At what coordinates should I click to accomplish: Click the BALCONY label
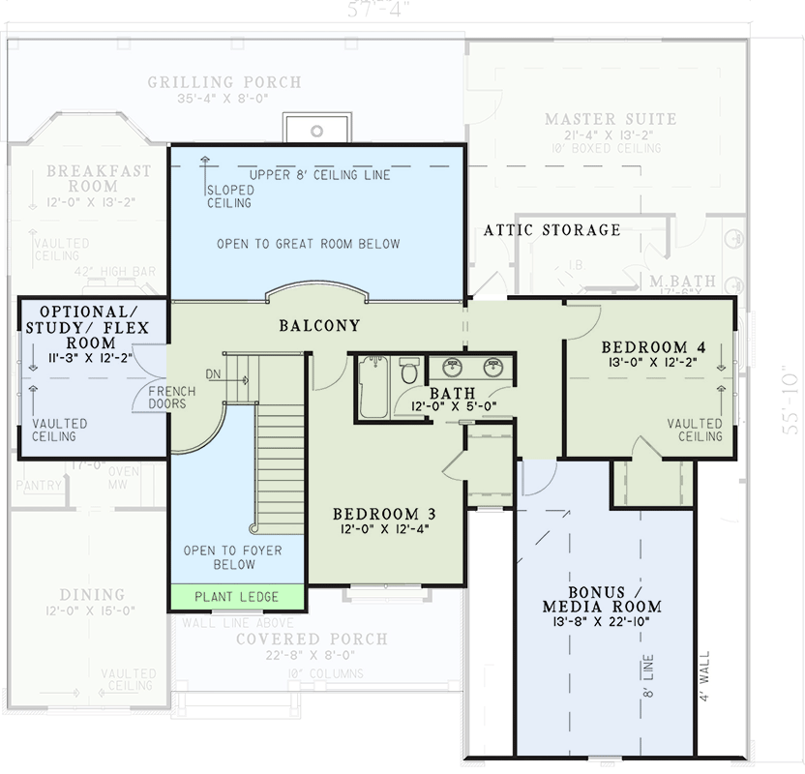click(319, 326)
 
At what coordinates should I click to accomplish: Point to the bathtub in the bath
click(373, 387)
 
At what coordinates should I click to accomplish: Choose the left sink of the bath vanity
click(452, 367)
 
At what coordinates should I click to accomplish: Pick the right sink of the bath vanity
click(492, 367)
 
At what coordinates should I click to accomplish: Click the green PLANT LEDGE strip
click(237, 597)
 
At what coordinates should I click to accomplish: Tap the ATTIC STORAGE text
click(552, 230)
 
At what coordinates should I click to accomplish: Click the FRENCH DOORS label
click(171, 397)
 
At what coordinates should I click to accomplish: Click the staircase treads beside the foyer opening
click(282, 464)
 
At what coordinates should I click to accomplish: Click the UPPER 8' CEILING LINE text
click(319, 175)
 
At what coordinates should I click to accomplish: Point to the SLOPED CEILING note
click(229, 196)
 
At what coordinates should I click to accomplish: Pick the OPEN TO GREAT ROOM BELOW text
click(308, 244)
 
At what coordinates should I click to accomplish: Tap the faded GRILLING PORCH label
click(224, 82)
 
